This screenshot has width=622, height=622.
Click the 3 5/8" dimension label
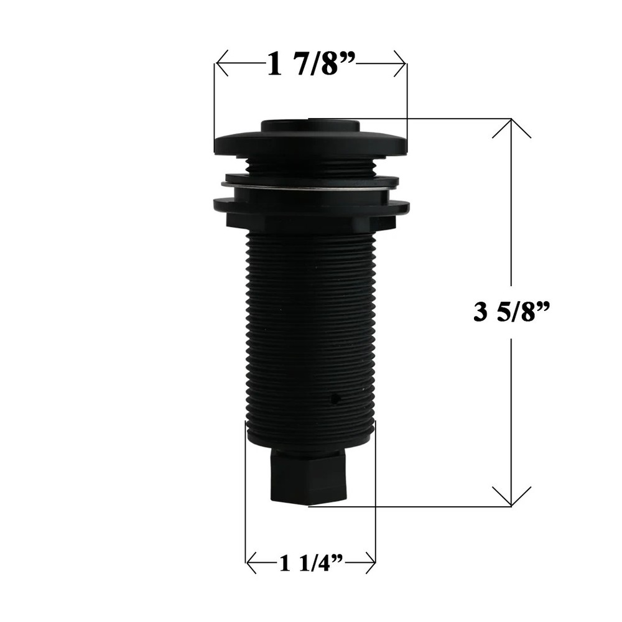512,311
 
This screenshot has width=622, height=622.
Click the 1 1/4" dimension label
312,564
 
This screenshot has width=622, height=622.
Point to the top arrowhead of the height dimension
511,123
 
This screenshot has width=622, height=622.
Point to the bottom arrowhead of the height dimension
511,501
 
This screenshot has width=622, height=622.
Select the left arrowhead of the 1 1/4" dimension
250,564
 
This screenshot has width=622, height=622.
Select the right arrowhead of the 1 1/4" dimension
371,564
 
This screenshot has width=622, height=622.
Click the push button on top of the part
310,125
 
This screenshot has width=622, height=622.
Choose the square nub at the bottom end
309,476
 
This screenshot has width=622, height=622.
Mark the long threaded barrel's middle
311,330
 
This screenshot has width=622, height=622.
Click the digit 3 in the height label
480,312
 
